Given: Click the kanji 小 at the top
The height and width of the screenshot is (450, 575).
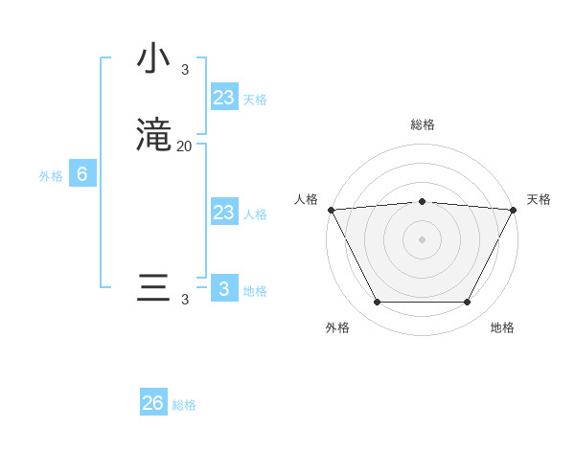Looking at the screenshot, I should click(153, 59).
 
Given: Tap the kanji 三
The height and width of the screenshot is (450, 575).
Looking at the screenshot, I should click(153, 288).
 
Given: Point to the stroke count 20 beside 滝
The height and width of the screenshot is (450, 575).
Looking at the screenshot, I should click(185, 146).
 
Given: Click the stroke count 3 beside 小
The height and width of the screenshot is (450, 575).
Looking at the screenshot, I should click(185, 69).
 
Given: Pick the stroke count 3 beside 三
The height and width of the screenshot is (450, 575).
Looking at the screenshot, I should click(185, 300).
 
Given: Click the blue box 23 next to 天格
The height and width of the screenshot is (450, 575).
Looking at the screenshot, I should click(224, 98).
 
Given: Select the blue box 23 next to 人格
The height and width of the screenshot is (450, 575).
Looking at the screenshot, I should click(224, 213).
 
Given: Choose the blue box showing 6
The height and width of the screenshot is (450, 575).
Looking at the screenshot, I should click(82, 174).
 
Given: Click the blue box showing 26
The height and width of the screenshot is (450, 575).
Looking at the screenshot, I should click(153, 403).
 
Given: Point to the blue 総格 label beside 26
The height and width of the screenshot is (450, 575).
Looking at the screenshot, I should click(184, 405).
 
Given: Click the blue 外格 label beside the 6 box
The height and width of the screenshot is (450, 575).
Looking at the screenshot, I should click(51, 176).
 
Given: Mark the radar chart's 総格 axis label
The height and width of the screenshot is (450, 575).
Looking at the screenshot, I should click(422, 124).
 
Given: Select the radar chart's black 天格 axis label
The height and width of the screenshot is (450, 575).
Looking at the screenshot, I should click(539, 199).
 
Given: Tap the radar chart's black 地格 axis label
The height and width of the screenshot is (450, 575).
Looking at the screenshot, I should click(502, 327).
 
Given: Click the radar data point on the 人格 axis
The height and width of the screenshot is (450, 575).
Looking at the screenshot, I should click(331, 210).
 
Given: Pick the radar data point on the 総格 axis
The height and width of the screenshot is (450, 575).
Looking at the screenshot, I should click(422, 201).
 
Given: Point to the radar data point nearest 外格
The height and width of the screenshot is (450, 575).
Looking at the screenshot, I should click(377, 303).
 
